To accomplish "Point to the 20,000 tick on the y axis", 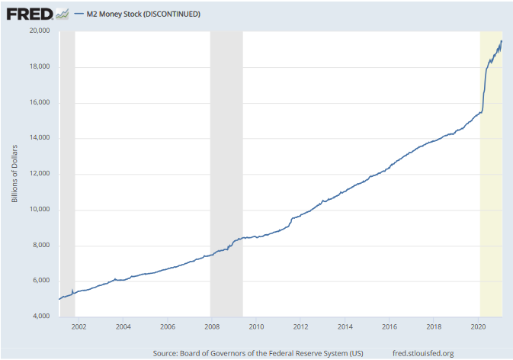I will [x=39, y=31].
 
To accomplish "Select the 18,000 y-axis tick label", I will [x=39, y=67].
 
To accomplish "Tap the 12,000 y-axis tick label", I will [x=39, y=174].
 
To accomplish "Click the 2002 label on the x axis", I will [x=79, y=326].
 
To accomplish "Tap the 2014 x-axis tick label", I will [x=345, y=326].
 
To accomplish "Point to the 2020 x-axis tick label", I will [x=478, y=326].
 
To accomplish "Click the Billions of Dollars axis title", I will [x=14, y=174].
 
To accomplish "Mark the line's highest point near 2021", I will [x=502, y=40].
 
